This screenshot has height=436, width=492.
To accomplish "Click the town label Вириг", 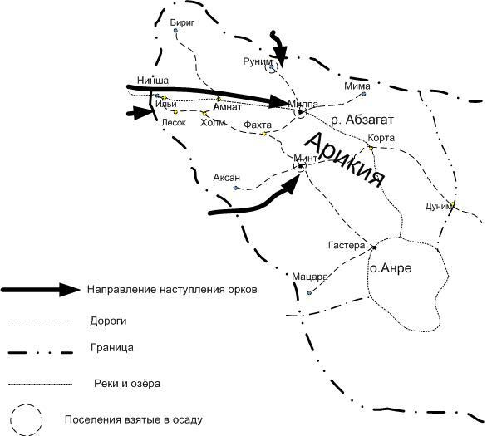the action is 182,23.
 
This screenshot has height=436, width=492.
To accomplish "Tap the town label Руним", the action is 258,61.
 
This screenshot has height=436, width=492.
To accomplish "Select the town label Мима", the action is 357,86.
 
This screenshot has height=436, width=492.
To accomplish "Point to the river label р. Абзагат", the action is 362,120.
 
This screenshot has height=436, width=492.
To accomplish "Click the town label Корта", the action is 381,138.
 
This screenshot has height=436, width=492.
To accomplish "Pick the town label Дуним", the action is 439,206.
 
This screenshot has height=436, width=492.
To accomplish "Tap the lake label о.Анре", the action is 391,268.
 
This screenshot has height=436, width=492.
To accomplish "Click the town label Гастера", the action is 347,245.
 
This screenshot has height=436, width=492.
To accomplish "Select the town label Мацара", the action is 310,277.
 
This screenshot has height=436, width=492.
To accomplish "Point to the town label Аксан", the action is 227,178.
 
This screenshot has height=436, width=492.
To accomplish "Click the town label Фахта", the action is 258,125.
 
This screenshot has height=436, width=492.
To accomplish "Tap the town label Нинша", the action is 153,81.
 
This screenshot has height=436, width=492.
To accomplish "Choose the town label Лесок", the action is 174,122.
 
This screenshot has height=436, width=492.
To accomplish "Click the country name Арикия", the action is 345,159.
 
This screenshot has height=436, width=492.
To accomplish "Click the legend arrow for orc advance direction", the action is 41,290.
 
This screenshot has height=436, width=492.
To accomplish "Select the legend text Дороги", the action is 108,321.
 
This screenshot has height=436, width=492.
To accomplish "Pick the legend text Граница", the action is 112,348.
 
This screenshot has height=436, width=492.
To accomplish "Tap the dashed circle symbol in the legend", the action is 27,420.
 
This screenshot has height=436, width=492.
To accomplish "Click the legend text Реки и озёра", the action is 127,384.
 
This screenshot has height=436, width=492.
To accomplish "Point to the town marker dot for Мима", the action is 364,94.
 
